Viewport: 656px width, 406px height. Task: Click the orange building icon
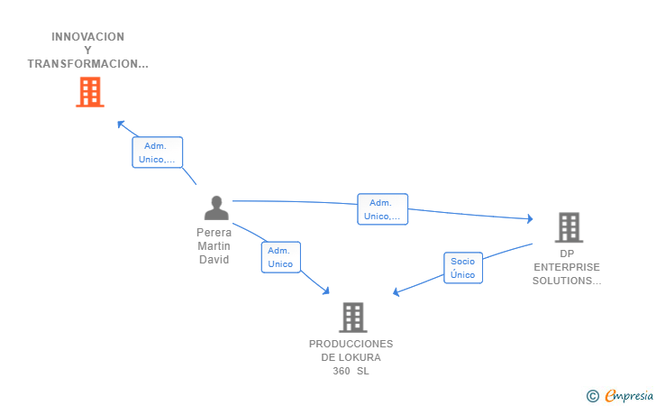click(x=90, y=92)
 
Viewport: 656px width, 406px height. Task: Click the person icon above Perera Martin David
click(x=216, y=208)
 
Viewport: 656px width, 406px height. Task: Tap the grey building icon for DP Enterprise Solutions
click(x=569, y=227)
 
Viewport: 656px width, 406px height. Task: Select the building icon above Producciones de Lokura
click(x=353, y=318)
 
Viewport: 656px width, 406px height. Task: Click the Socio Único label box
click(x=463, y=268)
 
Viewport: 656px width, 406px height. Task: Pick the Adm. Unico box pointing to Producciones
click(x=281, y=257)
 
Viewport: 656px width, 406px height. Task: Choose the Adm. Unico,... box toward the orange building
click(x=158, y=152)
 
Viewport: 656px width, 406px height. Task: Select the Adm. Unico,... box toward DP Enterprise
click(x=382, y=209)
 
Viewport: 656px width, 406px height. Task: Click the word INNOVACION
click(x=88, y=37)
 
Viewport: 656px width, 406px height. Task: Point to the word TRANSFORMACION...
click(x=84, y=64)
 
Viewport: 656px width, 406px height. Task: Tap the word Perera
click(x=214, y=233)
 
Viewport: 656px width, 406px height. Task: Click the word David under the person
click(x=214, y=260)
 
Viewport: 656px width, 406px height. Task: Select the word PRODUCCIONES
click(x=351, y=344)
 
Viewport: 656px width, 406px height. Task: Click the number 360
click(x=342, y=371)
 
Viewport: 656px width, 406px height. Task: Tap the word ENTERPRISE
click(x=567, y=267)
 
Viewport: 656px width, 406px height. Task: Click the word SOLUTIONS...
click(x=562, y=281)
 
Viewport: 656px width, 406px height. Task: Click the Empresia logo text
click(x=629, y=395)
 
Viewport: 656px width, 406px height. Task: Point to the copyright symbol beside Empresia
click(x=592, y=396)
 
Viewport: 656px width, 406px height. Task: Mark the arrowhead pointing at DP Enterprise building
click(x=530, y=218)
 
